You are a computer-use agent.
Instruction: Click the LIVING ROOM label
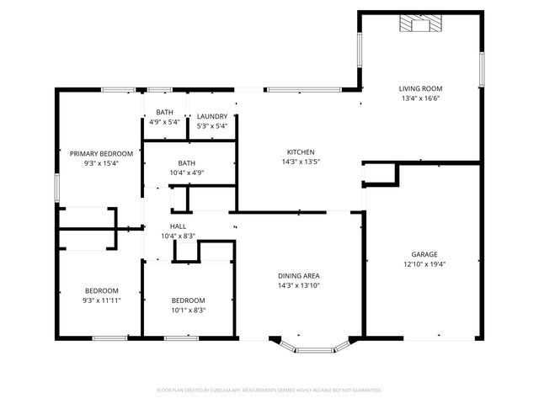click(x=420, y=88)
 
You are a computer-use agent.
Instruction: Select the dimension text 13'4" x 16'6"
click(x=420, y=98)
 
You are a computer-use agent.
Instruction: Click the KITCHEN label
click(x=301, y=152)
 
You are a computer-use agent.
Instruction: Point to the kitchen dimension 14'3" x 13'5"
click(x=301, y=162)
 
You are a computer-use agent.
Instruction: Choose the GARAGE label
click(x=424, y=254)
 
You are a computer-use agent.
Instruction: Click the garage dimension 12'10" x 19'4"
click(x=424, y=264)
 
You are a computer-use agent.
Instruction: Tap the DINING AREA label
click(x=299, y=275)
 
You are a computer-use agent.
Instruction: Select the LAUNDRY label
click(x=212, y=116)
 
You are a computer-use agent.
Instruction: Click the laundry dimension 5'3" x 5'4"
click(x=212, y=125)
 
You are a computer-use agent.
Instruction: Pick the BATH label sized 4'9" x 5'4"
click(x=164, y=112)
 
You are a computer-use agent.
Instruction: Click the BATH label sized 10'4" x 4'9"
click(x=186, y=163)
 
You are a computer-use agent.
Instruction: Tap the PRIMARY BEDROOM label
click(x=101, y=153)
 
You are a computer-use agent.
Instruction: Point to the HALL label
click(x=178, y=226)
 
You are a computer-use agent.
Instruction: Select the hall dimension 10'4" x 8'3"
click(x=178, y=237)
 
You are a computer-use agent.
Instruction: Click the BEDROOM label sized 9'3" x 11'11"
click(x=101, y=290)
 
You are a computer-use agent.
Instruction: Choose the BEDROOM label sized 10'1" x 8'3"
click(x=188, y=300)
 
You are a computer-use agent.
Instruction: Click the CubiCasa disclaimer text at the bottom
click(x=269, y=390)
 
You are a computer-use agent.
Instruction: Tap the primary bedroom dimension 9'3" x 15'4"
click(x=101, y=163)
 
